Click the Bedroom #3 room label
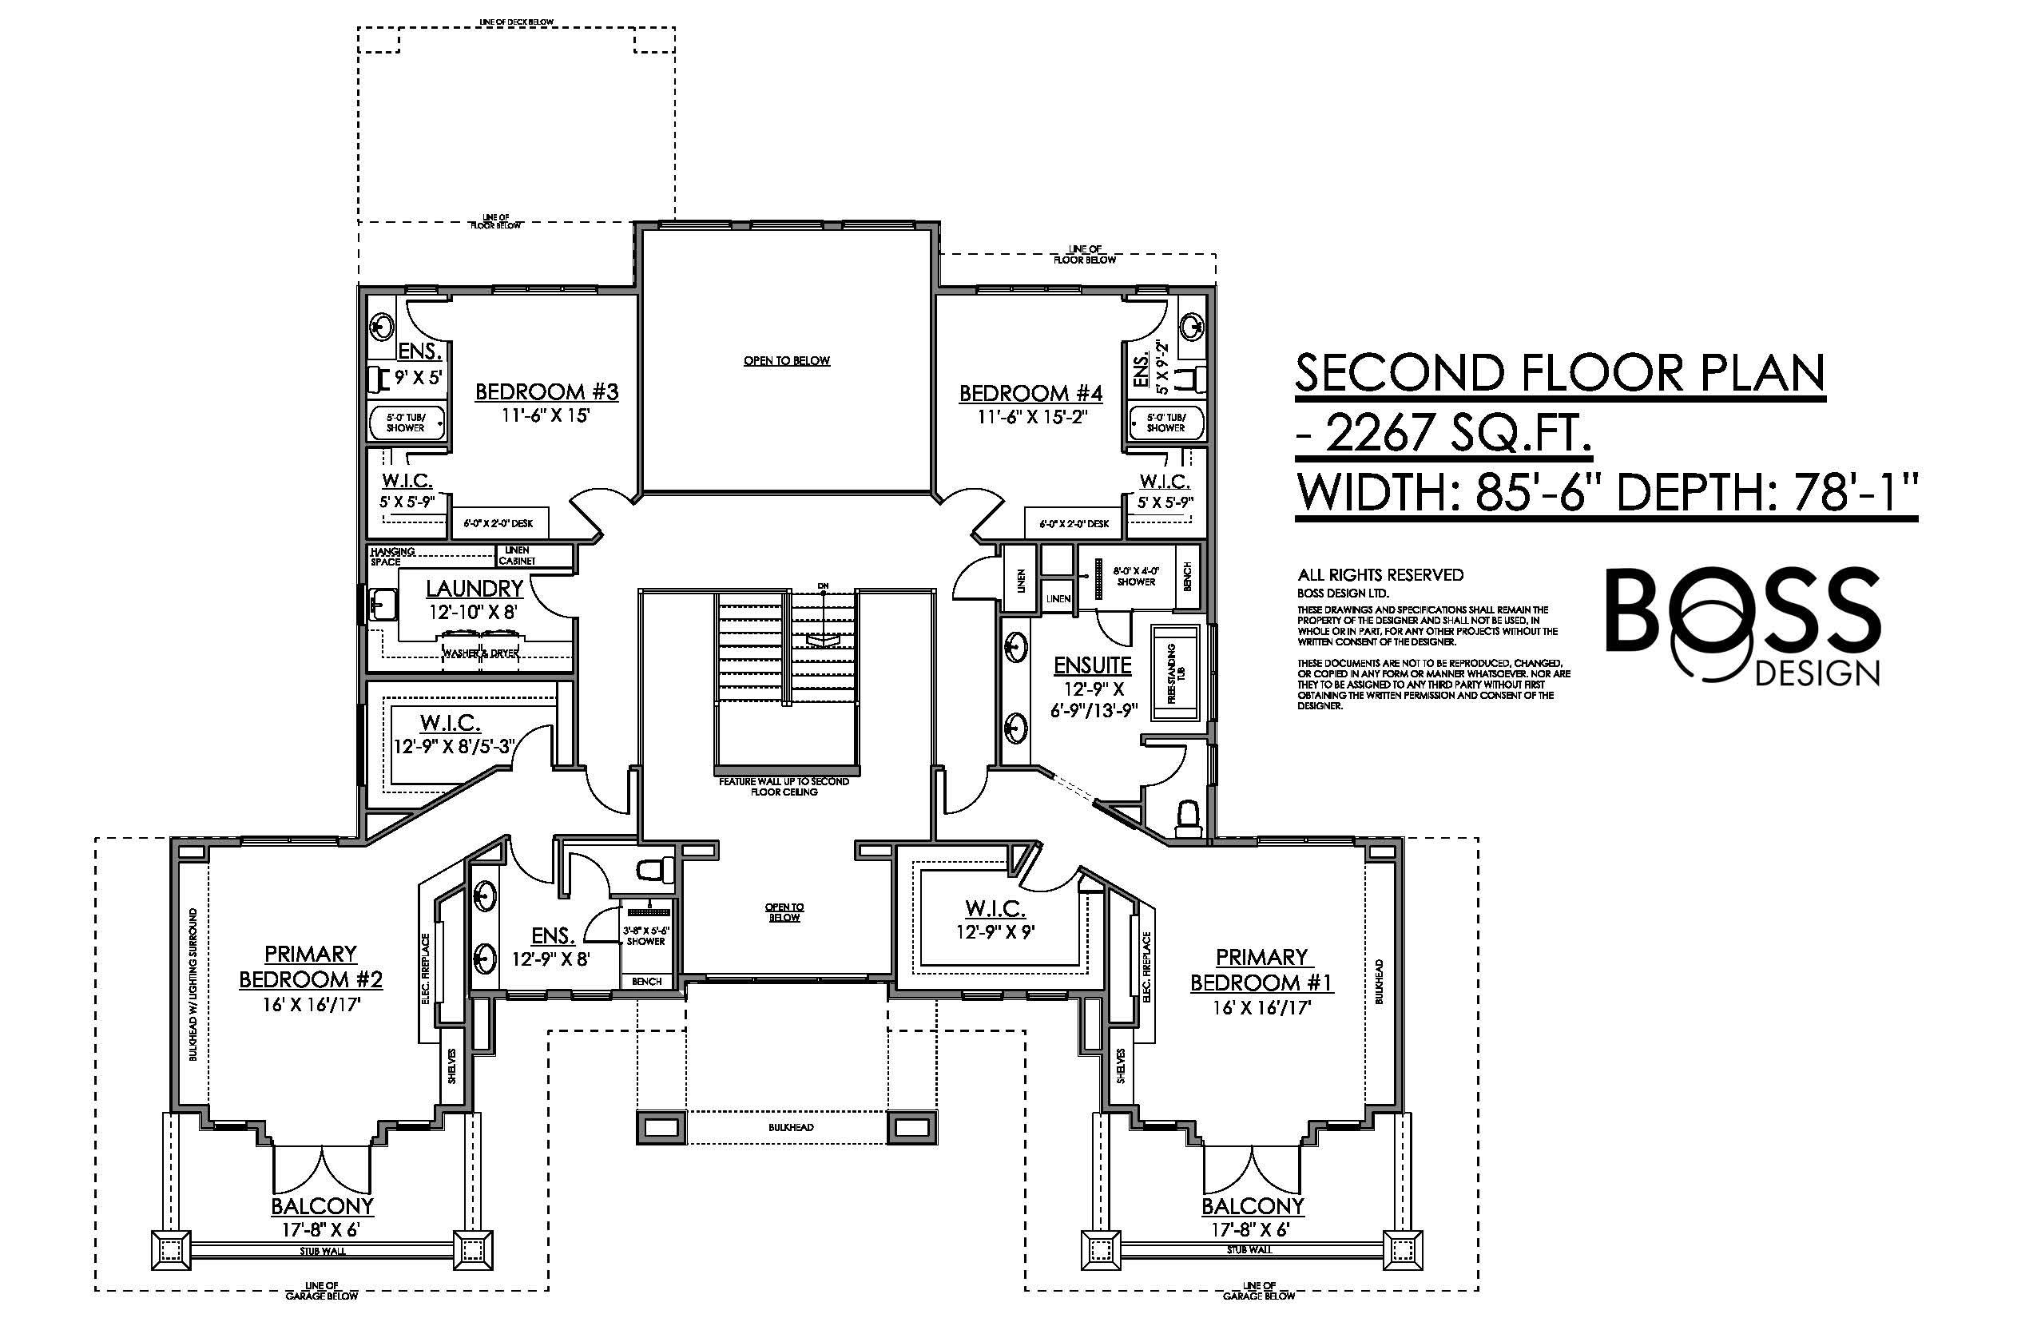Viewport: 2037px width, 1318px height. pyautogui.click(x=546, y=392)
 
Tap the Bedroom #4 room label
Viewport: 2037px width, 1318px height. pyautogui.click(x=1030, y=394)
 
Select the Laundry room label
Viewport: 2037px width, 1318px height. pyautogui.click(x=475, y=589)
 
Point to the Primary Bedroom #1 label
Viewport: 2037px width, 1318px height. pyautogui.click(x=1261, y=969)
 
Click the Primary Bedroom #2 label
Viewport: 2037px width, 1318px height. pyautogui.click(x=310, y=967)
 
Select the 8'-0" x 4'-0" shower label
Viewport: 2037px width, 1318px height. pyautogui.click(x=1136, y=576)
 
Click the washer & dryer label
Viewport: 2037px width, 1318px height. pyautogui.click(x=480, y=653)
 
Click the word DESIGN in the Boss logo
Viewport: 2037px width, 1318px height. pyautogui.click(x=1817, y=673)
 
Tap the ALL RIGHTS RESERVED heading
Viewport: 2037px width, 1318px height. pyautogui.click(x=1380, y=575)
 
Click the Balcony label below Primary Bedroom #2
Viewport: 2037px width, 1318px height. pyautogui.click(x=322, y=1206)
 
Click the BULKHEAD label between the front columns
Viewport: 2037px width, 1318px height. pyautogui.click(x=790, y=1127)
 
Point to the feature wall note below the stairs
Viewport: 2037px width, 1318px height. pyautogui.click(x=784, y=787)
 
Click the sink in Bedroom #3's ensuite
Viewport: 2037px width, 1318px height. pyautogui.click(x=382, y=327)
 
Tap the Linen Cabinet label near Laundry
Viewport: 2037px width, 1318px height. pyautogui.click(x=517, y=555)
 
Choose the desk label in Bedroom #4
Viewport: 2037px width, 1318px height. pyautogui.click(x=1074, y=524)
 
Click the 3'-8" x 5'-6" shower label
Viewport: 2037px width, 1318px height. pyautogui.click(x=645, y=935)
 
